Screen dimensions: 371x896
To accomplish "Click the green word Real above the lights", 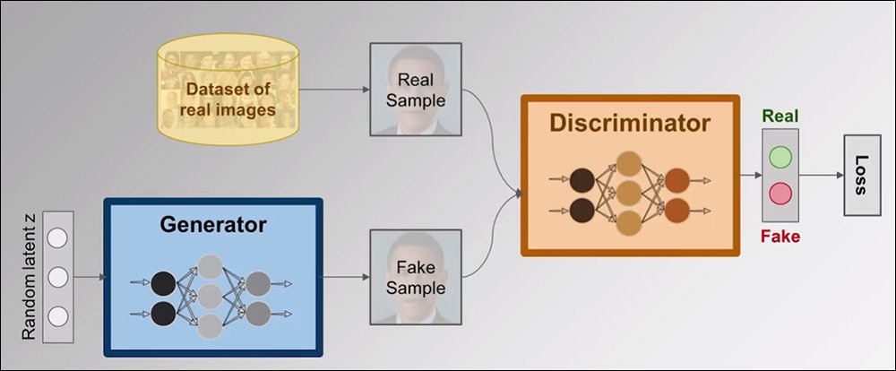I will pyautogui.click(x=781, y=117).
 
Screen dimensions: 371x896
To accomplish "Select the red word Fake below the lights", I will pyautogui.click(x=780, y=237).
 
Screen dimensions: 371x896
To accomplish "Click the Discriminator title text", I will pyautogui.click(x=630, y=124).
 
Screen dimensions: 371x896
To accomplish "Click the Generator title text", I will pyautogui.click(x=213, y=224).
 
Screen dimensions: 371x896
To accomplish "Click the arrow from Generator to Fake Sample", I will pyautogui.click(x=346, y=276).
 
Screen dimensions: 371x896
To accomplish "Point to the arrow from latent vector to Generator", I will pyautogui.click(x=90, y=276).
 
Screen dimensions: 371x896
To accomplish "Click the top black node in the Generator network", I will pyautogui.click(x=163, y=284).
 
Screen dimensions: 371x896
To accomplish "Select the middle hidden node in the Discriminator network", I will pyautogui.click(x=629, y=193).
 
